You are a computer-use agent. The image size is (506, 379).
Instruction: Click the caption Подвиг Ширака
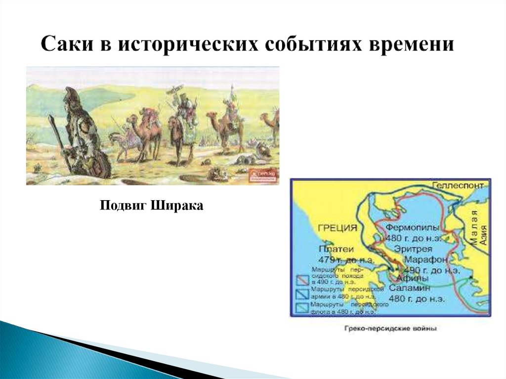(152, 205)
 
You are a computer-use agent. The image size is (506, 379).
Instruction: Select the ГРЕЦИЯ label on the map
(337, 228)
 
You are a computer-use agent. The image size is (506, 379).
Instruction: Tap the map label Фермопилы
(412, 228)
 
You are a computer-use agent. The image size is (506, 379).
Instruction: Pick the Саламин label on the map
(410, 288)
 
